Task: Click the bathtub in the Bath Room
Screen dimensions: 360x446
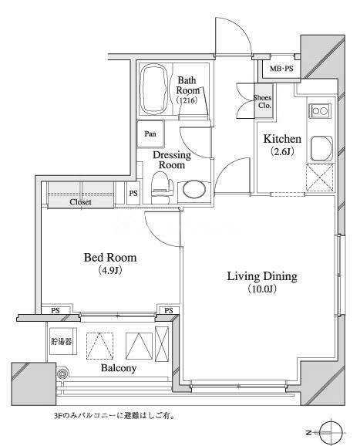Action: click(155, 89)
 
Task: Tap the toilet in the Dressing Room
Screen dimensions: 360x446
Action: click(163, 188)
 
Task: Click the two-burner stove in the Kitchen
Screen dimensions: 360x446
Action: click(320, 110)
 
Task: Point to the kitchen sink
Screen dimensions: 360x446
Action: click(321, 148)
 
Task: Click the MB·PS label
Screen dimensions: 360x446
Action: click(281, 69)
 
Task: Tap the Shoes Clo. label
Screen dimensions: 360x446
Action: click(263, 101)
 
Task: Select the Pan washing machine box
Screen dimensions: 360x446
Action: click(150, 133)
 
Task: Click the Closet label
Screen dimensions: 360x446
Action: click(80, 202)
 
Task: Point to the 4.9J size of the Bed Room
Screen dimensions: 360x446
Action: click(110, 270)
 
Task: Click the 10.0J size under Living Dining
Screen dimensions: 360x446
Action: click(262, 289)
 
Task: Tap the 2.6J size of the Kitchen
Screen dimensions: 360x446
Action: click(282, 151)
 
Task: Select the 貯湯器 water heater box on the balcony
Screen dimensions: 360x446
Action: click(62, 341)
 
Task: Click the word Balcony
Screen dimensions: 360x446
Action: click(119, 368)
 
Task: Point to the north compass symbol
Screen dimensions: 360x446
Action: click(330, 432)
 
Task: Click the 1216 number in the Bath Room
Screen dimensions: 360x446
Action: click(187, 100)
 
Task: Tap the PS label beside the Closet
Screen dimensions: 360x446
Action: click(133, 194)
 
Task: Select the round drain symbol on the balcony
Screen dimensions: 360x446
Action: click(62, 373)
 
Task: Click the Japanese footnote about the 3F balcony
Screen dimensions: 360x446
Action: click(114, 416)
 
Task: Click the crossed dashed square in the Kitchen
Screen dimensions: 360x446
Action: click(320, 177)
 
